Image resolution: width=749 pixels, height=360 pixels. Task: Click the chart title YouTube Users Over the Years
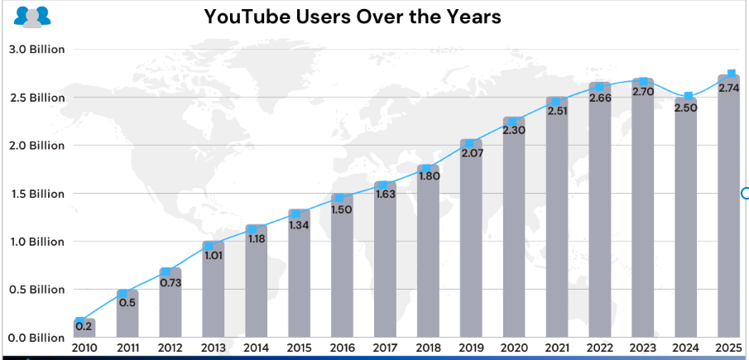(x=353, y=17)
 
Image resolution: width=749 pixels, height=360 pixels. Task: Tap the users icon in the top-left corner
(x=32, y=16)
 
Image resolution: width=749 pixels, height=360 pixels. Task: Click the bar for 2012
(x=170, y=306)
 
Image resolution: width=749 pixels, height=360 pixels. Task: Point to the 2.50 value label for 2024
(x=687, y=108)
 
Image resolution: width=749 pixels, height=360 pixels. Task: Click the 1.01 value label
(x=214, y=255)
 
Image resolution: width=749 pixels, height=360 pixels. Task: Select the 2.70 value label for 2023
(x=643, y=92)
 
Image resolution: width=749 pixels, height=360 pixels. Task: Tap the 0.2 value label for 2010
(x=84, y=326)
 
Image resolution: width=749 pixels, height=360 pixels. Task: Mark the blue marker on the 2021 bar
(x=557, y=102)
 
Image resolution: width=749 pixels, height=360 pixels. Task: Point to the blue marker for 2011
(x=127, y=293)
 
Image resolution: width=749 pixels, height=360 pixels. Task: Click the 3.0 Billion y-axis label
(x=36, y=50)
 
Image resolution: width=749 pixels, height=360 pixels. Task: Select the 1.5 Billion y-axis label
(x=36, y=194)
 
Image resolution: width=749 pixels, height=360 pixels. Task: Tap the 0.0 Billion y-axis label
(x=36, y=338)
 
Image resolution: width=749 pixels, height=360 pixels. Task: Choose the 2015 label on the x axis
(x=299, y=348)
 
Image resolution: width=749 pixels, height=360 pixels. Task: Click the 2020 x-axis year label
(x=514, y=348)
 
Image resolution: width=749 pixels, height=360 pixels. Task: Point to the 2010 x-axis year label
(x=84, y=348)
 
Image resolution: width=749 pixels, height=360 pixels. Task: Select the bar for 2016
(x=342, y=273)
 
